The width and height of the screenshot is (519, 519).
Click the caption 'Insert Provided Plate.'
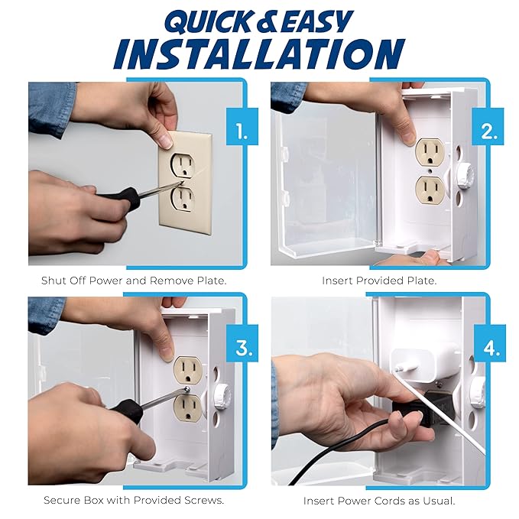click(380, 281)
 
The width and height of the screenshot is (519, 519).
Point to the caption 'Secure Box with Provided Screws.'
click(134, 500)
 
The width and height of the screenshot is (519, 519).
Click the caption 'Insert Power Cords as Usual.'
click(380, 500)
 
